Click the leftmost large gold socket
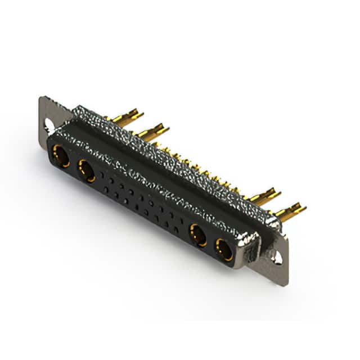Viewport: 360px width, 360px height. tap(61, 156)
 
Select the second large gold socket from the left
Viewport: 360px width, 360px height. tap(87, 170)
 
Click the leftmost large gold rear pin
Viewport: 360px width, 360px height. tap(125, 116)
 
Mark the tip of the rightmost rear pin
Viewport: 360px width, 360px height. tap(304, 208)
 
